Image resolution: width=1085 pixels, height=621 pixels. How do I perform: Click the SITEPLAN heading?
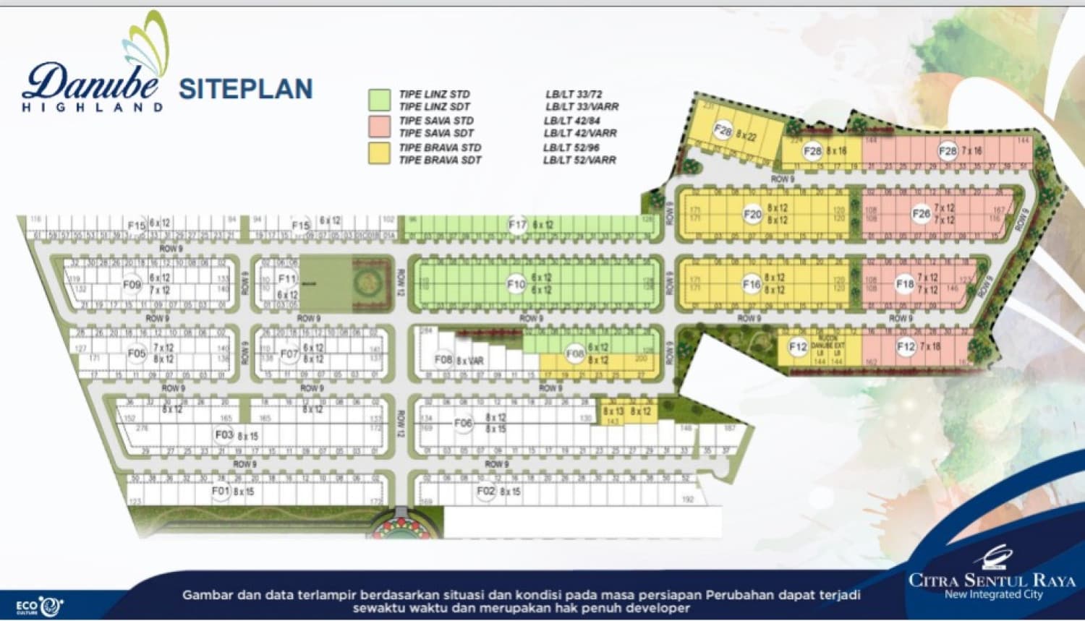(x=245, y=89)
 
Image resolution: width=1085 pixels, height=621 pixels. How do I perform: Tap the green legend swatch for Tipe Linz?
(x=379, y=100)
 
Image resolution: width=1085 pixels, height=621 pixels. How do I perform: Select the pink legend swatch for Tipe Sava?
(x=379, y=126)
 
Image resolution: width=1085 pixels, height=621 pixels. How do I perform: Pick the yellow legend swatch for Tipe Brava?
(x=379, y=153)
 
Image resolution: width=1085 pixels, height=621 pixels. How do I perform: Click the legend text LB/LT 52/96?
(x=571, y=147)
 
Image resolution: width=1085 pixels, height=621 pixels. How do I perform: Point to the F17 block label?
(x=517, y=225)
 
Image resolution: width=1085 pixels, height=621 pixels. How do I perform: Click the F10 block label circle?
(x=516, y=284)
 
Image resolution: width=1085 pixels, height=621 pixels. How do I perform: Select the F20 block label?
(x=752, y=214)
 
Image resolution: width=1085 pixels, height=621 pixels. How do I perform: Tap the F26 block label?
(x=921, y=213)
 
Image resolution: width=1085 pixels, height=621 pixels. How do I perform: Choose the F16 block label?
(x=752, y=284)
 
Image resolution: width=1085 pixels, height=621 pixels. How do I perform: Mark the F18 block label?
(x=904, y=284)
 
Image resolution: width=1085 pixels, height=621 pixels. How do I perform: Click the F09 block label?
(x=132, y=284)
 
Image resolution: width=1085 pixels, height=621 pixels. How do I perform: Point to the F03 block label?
(x=224, y=434)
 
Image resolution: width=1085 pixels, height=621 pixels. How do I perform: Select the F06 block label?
(x=463, y=423)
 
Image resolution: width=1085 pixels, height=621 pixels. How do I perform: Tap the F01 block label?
(x=221, y=491)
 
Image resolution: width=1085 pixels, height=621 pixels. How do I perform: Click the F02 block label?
(x=486, y=491)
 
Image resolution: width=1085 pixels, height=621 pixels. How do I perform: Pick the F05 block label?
(x=137, y=354)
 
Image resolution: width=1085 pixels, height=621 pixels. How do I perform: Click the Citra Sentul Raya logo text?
(x=992, y=580)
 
